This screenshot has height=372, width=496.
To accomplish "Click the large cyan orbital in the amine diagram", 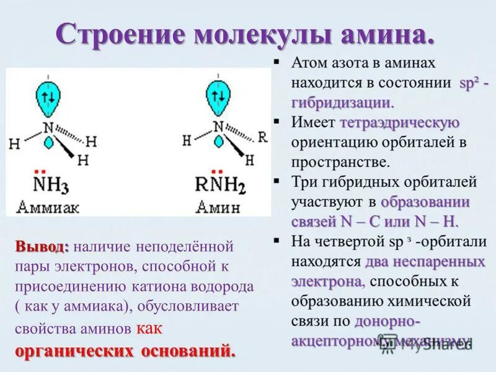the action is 218,98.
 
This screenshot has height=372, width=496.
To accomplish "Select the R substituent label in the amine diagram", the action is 262,136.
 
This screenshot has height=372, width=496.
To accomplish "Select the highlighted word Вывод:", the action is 42,246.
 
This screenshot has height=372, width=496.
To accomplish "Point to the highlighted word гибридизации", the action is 342,102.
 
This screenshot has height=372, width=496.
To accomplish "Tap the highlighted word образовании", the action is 425,202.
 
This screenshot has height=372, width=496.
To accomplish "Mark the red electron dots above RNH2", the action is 217,171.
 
